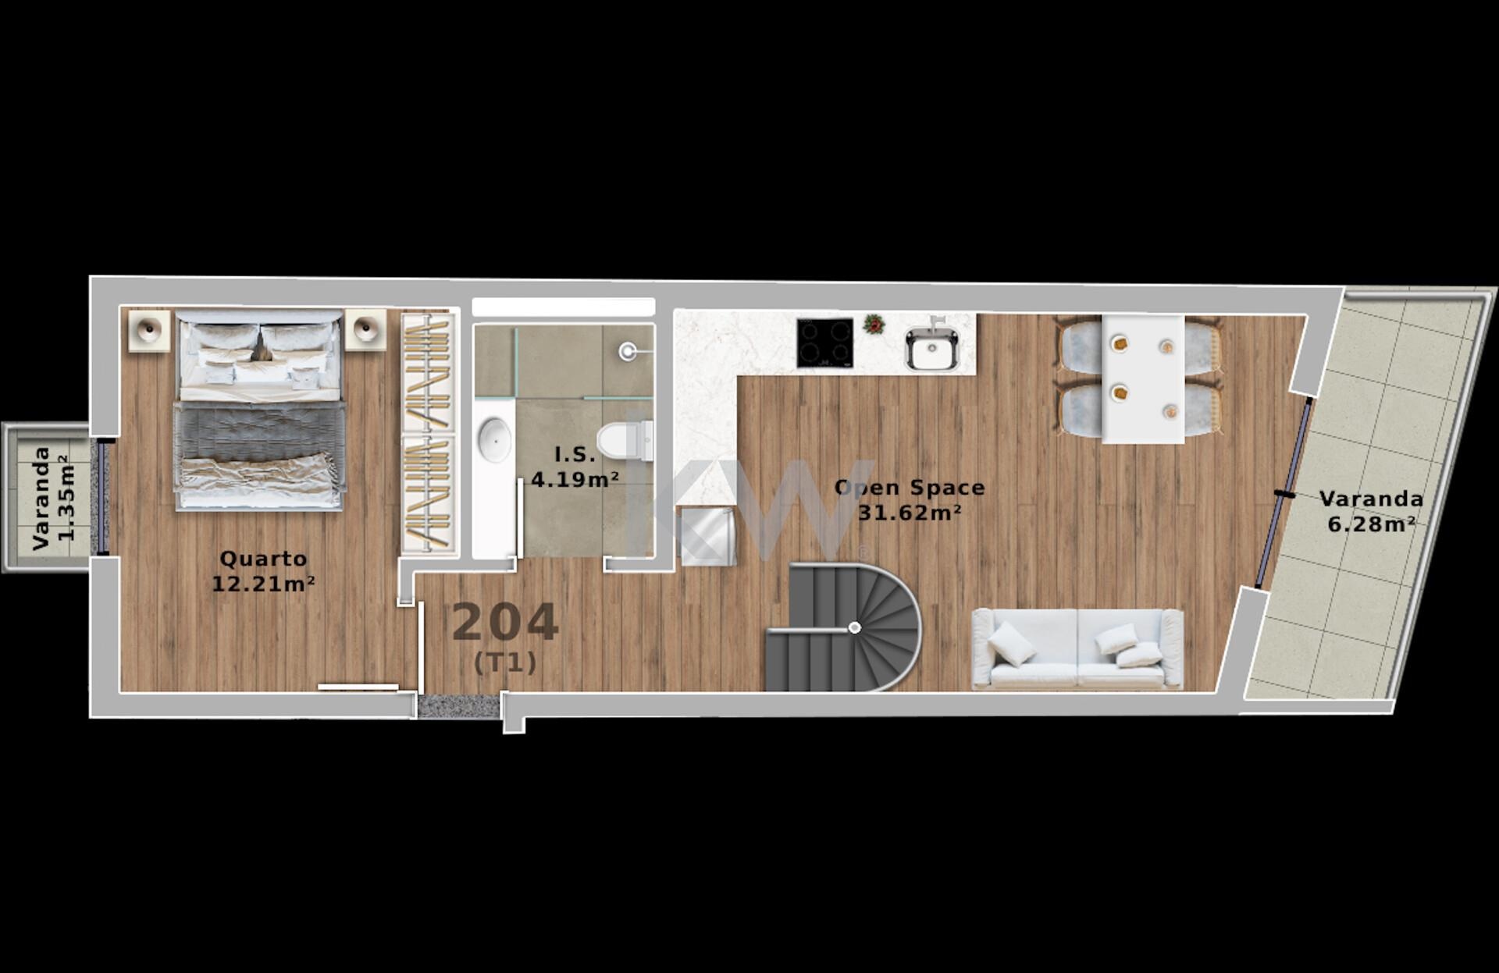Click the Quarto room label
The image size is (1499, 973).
pyautogui.click(x=263, y=559)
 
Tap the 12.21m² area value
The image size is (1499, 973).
pyautogui.click(x=263, y=584)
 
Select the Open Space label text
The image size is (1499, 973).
pyautogui.click(x=910, y=488)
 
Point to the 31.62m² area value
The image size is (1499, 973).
pyautogui.click(x=910, y=513)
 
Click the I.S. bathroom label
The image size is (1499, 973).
pyautogui.click(x=575, y=454)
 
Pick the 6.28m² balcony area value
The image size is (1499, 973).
pyautogui.click(x=1372, y=524)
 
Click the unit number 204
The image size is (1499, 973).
pyautogui.click(x=505, y=623)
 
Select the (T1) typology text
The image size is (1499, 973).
pyautogui.click(x=505, y=663)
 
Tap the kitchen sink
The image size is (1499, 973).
pyautogui.click(x=931, y=348)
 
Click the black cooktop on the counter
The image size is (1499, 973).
pyautogui.click(x=824, y=343)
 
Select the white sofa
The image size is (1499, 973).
pyautogui.click(x=1077, y=649)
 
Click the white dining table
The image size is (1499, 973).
pyautogui.click(x=1143, y=378)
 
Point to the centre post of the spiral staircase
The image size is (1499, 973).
pyautogui.click(x=855, y=627)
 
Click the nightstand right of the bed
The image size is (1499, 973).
pyautogui.click(x=365, y=330)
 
